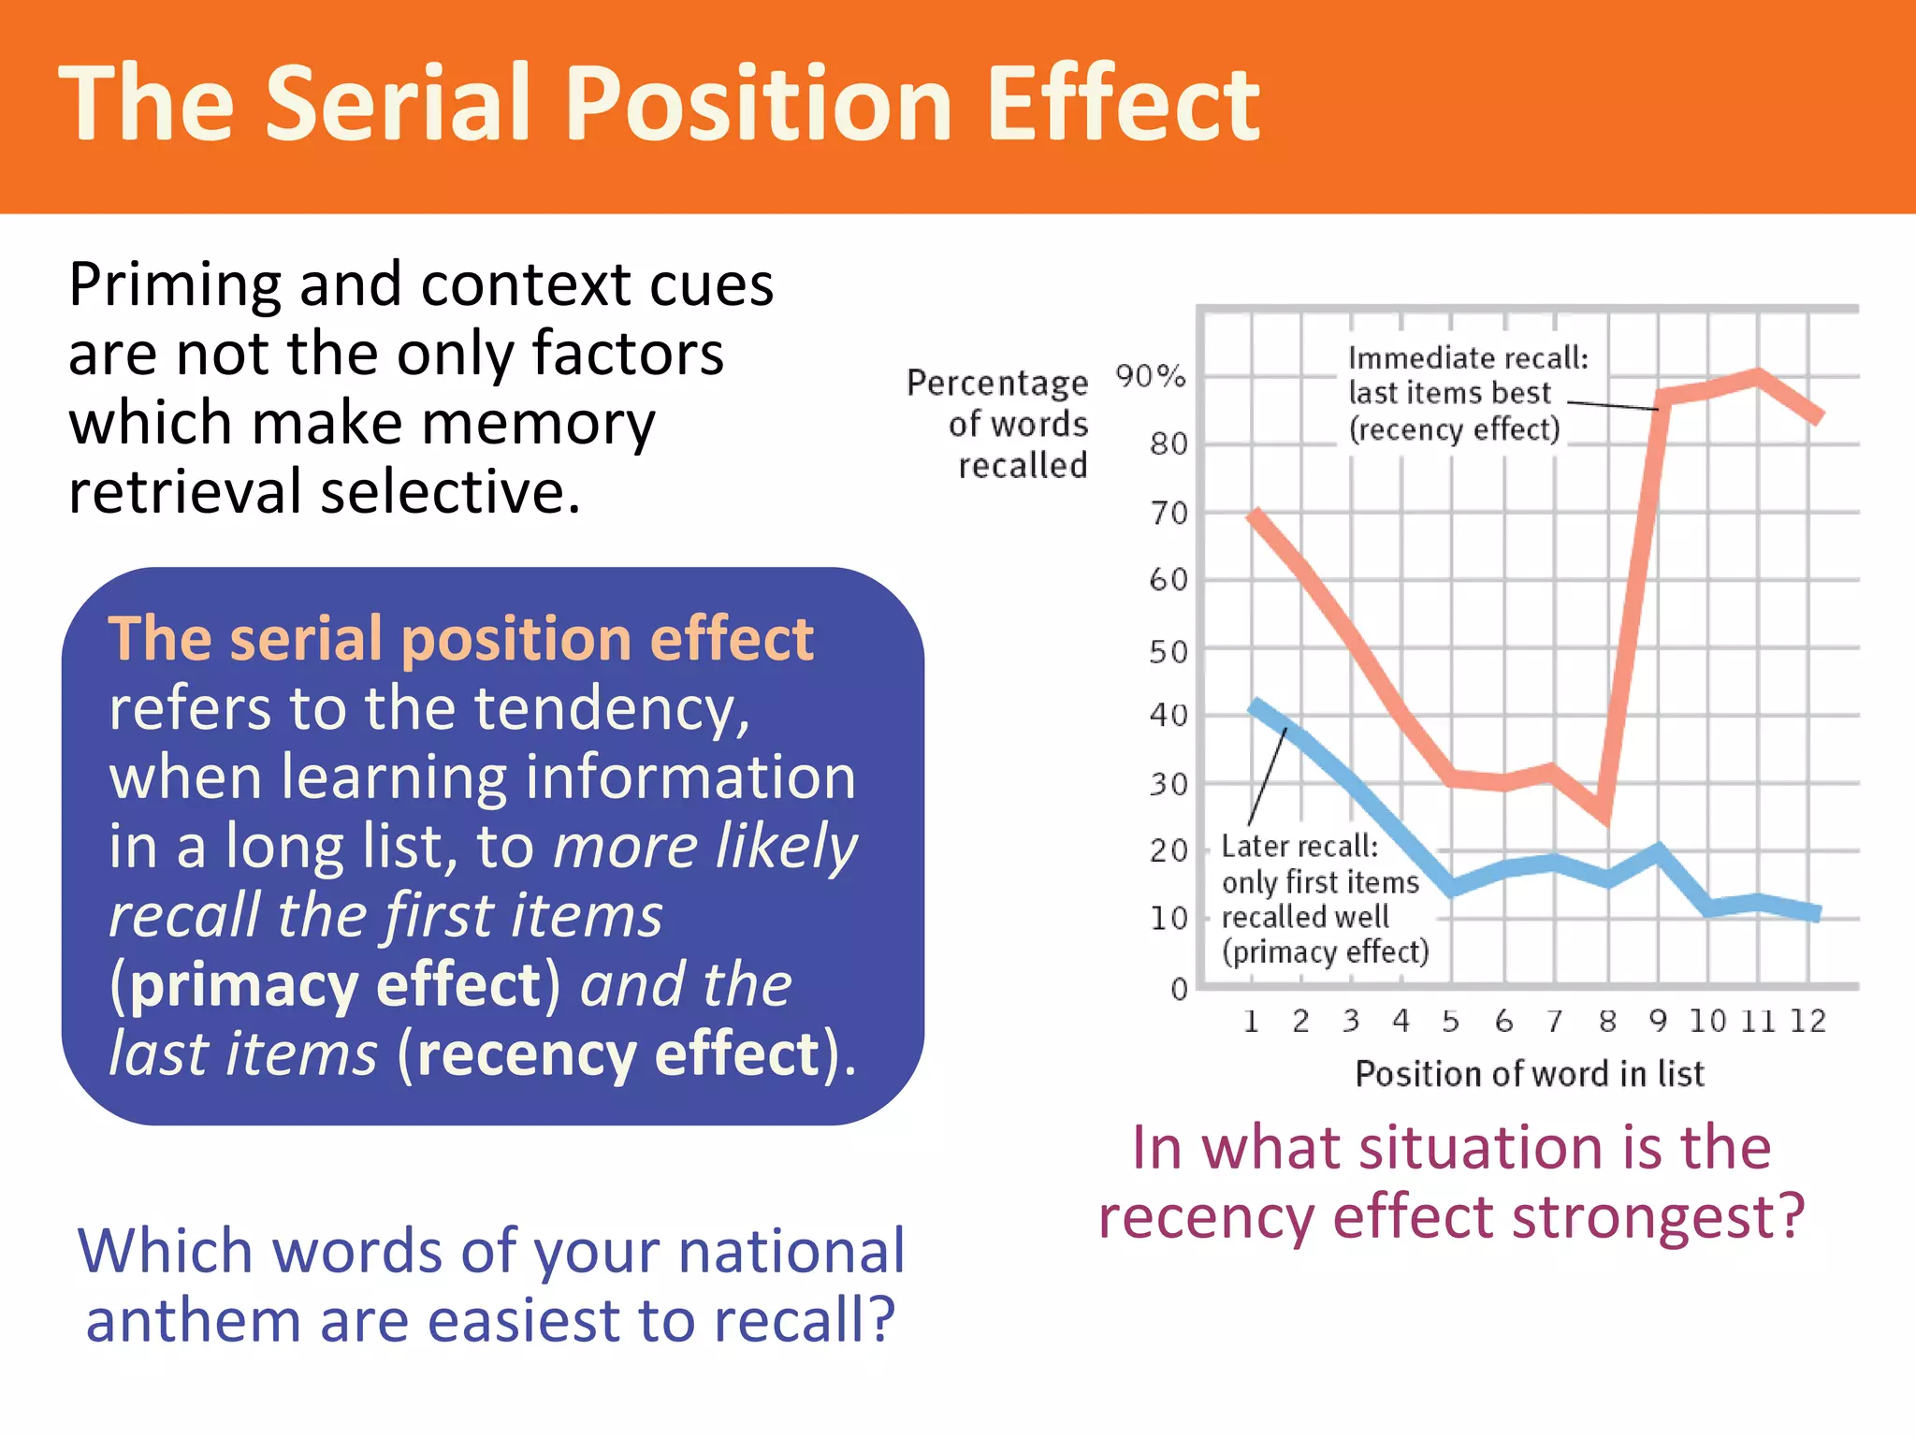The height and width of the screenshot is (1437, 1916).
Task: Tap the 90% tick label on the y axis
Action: (1150, 376)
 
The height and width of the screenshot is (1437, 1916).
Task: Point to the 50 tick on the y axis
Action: (1168, 651)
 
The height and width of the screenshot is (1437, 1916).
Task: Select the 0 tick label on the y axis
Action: (1179, 989)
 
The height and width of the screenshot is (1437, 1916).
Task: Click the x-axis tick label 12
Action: (1807, 1021)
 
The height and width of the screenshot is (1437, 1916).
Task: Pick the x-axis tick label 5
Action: (1450, 1021)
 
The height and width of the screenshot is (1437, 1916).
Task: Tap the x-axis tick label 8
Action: (1607, 1021)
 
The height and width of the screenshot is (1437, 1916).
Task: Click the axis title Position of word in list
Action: (1530, 1073)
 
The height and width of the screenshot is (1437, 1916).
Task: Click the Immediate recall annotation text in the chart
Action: (1467, 393)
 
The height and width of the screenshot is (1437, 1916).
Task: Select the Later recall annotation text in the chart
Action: (1323, 898)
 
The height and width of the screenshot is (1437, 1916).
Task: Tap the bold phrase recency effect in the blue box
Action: (618, 1054)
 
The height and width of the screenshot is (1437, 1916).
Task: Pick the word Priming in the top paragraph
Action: (174, 285)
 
